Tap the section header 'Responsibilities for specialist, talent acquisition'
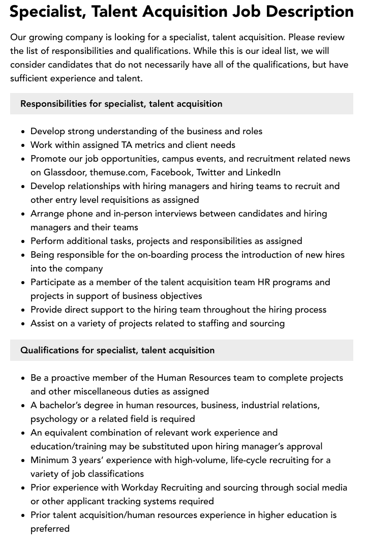point(121,104)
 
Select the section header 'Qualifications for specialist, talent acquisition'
point(117,350)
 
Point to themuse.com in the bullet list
point(117,172)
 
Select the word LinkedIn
point(263,172)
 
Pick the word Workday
point(139,487)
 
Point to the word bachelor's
point(60,405)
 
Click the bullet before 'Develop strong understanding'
point(23,131)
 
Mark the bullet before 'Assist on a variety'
point(23,323)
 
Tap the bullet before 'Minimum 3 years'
point(23,460)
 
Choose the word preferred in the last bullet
point(50,529)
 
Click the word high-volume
point(173,460)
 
